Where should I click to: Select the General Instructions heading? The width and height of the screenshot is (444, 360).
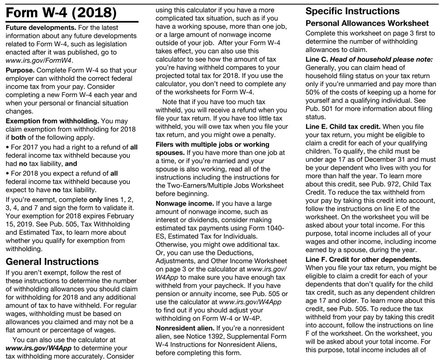point(52,262)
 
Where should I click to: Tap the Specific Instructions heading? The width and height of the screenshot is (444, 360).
point(353,11)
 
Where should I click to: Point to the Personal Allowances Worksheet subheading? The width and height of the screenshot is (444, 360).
point(367,23)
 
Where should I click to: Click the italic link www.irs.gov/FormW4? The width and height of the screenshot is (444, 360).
point(39,60)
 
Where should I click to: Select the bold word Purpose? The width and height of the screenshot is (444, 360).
point(20,70)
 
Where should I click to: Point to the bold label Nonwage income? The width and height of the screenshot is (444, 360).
point(185,204)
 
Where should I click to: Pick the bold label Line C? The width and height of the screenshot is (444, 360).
point(317,60)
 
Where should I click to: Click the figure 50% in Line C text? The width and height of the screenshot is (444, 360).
point(314,93)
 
